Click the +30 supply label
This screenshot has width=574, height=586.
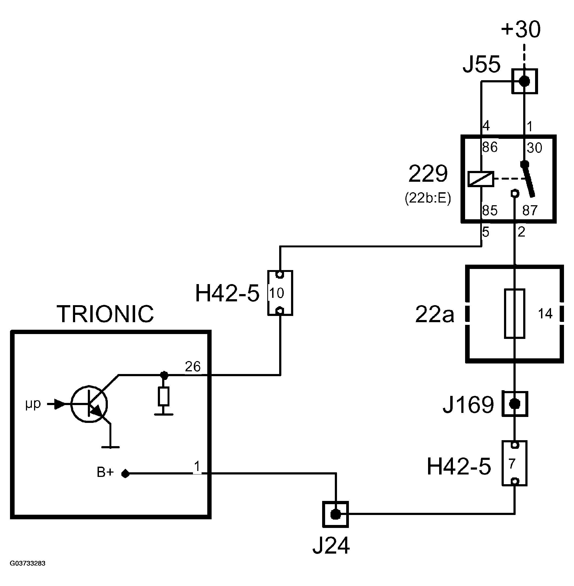click(x=521, y=30)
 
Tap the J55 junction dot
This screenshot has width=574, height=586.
click(x=524, y=81)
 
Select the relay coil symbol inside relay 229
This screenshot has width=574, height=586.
click(x=480, y=179)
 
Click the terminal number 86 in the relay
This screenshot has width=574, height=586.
click(x=490, y=147)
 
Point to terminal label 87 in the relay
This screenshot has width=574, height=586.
click(x=530, y=211)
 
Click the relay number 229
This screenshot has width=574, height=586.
click(x=428, y=174)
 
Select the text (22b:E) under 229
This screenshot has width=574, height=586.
click(x=428, y=198)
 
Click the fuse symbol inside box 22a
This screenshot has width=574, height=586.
click(x=514, y=314)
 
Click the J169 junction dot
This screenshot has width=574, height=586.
click(x=514, y=404)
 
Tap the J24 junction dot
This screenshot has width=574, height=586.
click(x=335, y=514)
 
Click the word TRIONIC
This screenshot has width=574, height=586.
click(x=105, y=314)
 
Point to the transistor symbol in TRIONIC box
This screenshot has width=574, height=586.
click(x=89, y=404)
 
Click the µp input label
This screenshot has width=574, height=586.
click(x=33, y=404)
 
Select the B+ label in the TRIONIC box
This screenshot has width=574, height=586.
click(x=105, y=472)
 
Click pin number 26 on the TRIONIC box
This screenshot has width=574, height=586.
click(x=193, y=367)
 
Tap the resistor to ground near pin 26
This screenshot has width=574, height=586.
click(x=163, y=396)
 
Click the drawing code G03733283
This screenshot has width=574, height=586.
click(x=28, y=563)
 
